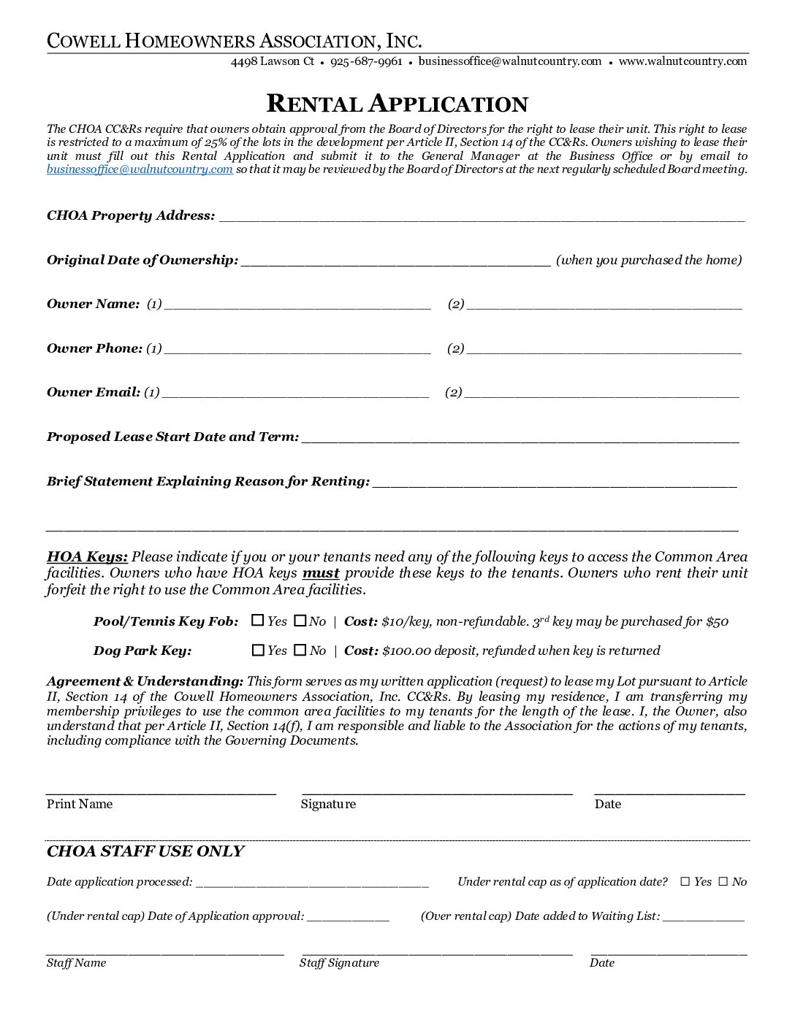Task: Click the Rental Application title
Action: pos(397,104)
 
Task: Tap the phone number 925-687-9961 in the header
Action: pos(366,61)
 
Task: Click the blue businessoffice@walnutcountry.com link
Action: pos(140,169)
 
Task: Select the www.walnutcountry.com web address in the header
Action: pos(682,61)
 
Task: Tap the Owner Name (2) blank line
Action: pos(604,304)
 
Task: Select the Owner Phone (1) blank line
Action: pos(297,349)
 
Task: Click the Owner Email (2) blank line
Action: pos(601,394)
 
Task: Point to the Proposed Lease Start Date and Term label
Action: pos(172,437)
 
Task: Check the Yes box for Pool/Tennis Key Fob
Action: pos(257,621)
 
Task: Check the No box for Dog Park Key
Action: pos(300,650)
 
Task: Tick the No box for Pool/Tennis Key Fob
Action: pos(300,621)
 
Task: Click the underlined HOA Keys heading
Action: pos(87,557)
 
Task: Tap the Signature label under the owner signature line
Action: pos(328,804)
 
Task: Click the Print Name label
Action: pos(80,804)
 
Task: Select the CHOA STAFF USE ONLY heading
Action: pos(145,851)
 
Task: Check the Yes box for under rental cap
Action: pos(685,881)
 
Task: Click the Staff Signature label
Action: pos(339,962)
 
